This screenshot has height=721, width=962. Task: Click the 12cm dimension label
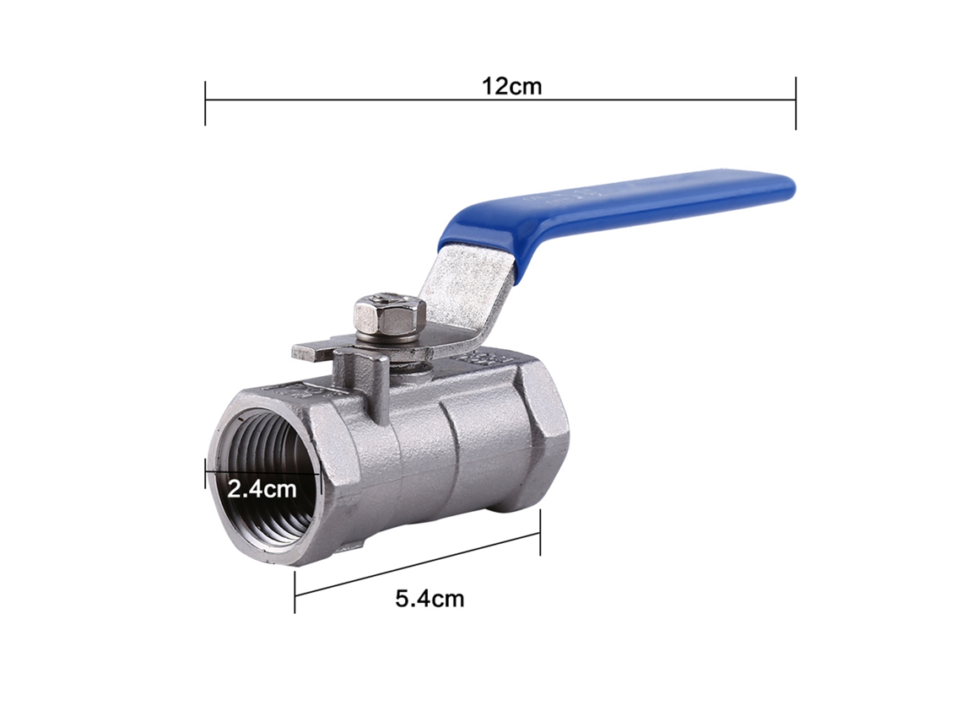point(511,87)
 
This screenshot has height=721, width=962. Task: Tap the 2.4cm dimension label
point(262,488)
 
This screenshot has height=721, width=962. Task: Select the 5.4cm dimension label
point(430,598)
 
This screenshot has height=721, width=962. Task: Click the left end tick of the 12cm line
point(205,102)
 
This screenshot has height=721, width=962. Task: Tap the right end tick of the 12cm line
point(796,102)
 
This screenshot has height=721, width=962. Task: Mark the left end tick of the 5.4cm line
point(295,592)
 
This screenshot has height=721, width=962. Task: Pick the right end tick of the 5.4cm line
point(540,532)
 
